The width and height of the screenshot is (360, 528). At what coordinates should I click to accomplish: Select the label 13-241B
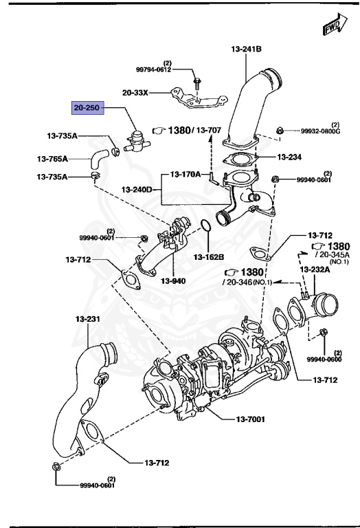point(245,49)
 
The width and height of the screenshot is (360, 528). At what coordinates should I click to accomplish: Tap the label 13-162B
point(208,257)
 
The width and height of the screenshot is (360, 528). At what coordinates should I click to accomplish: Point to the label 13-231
point(88,320)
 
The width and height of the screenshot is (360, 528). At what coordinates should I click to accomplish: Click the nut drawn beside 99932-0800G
point(280,130)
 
